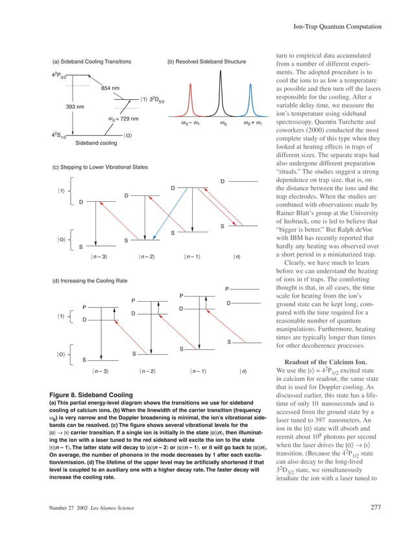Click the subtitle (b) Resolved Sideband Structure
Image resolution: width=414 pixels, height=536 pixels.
(206, 62)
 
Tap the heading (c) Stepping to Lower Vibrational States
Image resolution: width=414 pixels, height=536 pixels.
(100, 168)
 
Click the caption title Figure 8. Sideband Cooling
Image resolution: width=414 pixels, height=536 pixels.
(91, 395)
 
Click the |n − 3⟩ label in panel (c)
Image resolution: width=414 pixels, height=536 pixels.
(100, 258)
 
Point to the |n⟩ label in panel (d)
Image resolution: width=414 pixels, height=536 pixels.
(243, 371)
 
